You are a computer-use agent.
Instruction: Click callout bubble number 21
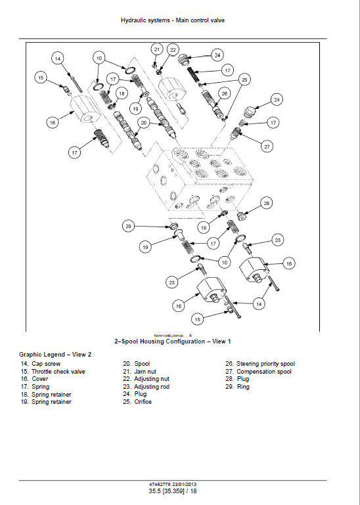coord(156,49)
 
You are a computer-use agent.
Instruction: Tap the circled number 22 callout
coord(173,50)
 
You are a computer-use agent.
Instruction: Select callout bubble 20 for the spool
coord(143,122)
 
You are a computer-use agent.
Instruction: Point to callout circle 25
coord(244,79)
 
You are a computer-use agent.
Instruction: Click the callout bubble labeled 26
coord(224,94)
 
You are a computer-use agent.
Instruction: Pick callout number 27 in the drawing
coord(267,146)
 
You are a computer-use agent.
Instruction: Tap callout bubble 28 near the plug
coord(267,203)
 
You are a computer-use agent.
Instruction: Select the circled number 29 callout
coord(128,226)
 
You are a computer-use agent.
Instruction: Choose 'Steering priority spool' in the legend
coord(260,364)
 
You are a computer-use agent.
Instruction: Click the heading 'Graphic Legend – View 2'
coord(55,354)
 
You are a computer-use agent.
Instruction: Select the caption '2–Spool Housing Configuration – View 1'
coord(173,341)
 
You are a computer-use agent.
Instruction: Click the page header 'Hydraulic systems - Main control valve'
coord(173,20)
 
